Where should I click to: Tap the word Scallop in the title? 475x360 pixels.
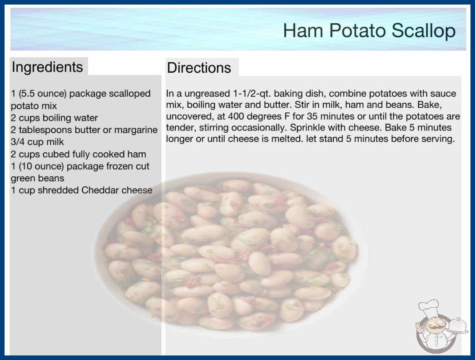[424, 30]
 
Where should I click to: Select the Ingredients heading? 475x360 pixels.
[47, 67]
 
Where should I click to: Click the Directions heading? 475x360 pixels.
[199, 68]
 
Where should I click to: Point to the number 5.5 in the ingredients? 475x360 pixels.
[28, 94]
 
